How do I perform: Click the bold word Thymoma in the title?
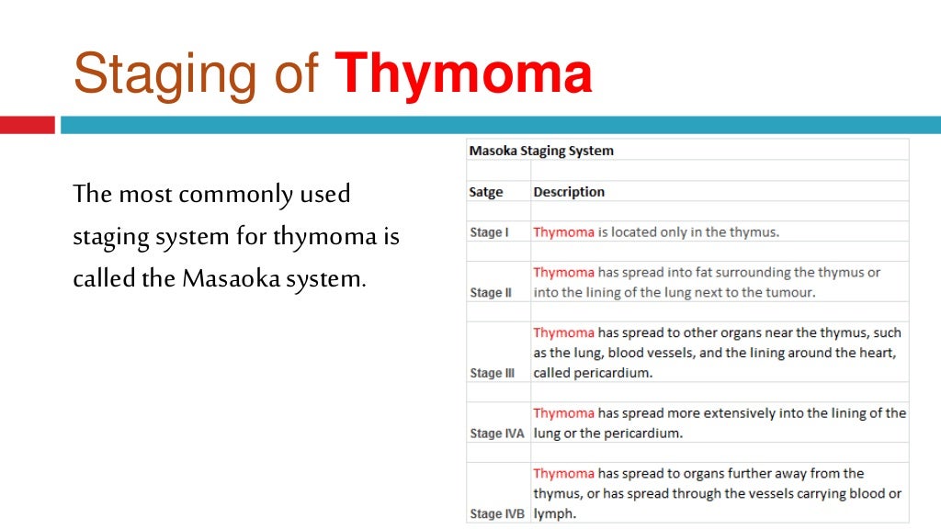(x=463, y=75)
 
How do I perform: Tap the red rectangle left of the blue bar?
(x=28, y=125)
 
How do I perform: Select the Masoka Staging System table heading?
(x=541, y=151)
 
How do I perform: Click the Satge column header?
(x=486, y=192)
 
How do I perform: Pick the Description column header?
(x=569, y=192)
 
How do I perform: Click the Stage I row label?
(x=489, y=232)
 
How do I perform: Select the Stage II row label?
(x=491, y=293)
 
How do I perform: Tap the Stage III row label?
(x=493, y=374)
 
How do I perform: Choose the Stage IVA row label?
(x=496, y=433)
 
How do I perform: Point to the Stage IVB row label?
(x=496, y=514)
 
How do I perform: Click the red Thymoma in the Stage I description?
(x=563, y=232)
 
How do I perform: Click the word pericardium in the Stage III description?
(x=614, y=374)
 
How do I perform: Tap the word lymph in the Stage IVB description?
(x=554, y=514)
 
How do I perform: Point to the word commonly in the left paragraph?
(x=226, y=195)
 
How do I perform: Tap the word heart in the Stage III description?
(x=875, y=353)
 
